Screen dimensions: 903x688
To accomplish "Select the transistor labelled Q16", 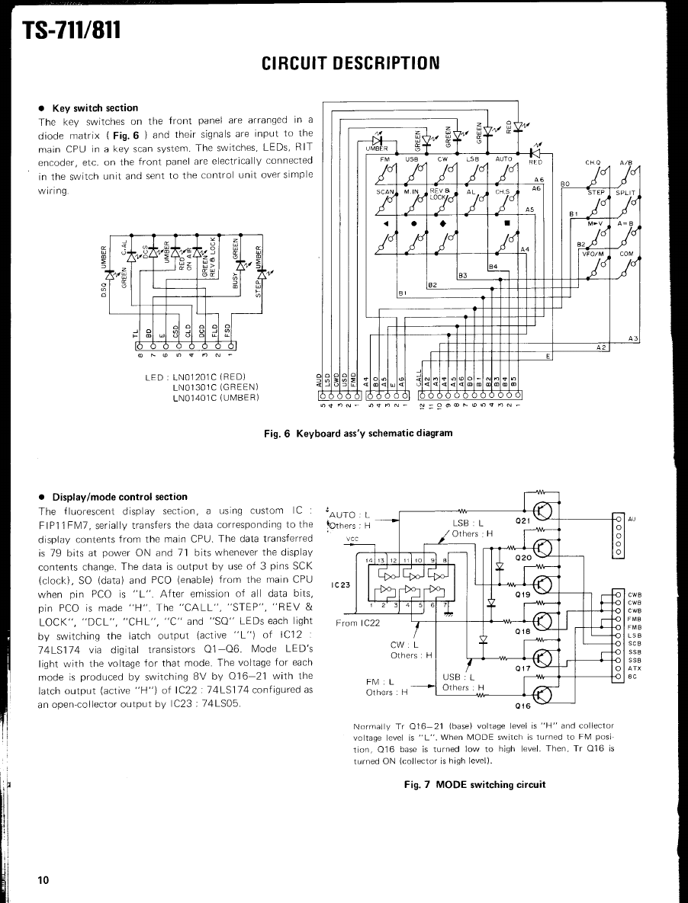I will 542,693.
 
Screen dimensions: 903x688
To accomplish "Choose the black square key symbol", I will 506,224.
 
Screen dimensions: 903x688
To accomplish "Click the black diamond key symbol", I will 442,224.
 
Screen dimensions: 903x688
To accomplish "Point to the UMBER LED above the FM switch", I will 378,140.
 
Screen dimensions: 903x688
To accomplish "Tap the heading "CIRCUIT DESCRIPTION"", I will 351,62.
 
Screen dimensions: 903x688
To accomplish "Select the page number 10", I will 43,880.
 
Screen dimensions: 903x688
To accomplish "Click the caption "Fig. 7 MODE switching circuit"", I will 474,784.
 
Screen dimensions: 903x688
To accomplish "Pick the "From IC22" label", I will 358,623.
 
